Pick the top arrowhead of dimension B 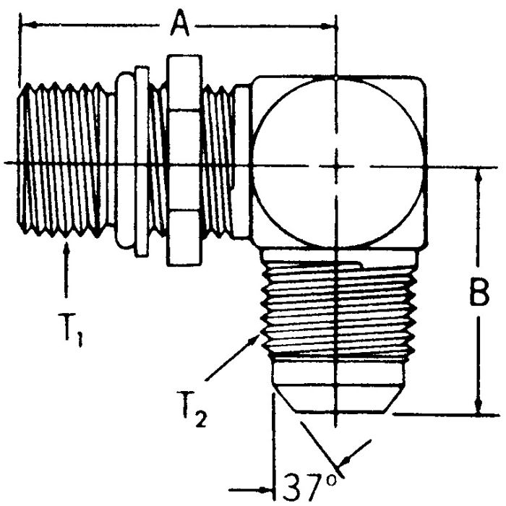pos(477,171)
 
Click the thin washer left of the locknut pos(142,163)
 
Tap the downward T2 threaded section pos(335,311)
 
